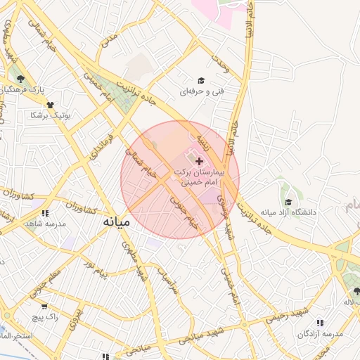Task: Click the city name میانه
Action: (117, 221)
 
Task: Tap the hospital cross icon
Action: (199, 161)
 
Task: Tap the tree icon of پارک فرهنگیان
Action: (20, 79)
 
